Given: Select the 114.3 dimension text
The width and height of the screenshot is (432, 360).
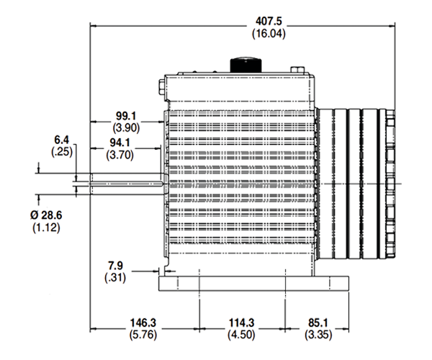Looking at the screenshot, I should point(241,323).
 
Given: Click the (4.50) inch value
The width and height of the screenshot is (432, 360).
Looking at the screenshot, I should point(241,335).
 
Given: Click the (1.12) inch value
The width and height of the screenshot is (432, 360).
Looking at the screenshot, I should point(46,228).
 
